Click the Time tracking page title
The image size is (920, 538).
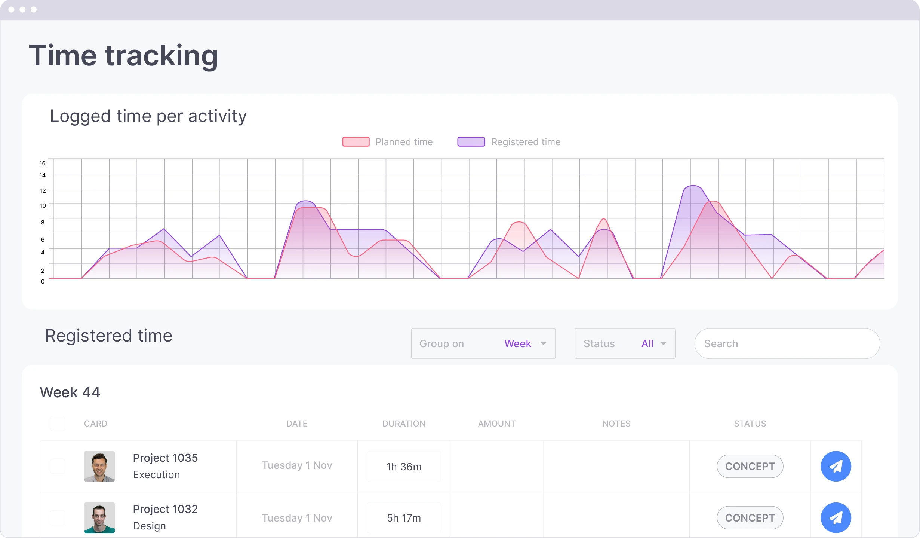(123, 55)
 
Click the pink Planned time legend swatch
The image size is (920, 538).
(356, 142)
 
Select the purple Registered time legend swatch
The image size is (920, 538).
(471, 142)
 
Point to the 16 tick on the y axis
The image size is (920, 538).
(43, 163)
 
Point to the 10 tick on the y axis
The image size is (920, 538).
(43, 205)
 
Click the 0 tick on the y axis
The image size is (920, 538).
(43, 281)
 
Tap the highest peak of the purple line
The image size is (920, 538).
(693, 186)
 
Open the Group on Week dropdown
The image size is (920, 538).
(483, 343)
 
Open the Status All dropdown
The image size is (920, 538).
(624, 343)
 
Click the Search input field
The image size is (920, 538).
(787, 343)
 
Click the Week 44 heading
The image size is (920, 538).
(70, 392)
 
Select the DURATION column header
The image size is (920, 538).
(403, 424)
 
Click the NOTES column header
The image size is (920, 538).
(616, 424)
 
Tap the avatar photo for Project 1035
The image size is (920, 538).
(99, 466)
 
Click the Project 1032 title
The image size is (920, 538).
(165, 509)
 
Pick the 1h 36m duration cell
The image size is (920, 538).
(404, 467)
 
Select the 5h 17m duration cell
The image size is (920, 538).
(404, 518)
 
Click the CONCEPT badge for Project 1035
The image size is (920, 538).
(750, 466)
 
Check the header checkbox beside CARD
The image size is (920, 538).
(58, 424)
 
